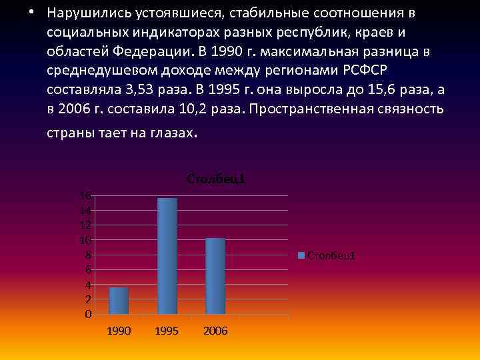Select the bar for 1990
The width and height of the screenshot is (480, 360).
click(x=119, y=300)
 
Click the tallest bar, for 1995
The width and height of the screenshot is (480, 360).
click(x=167, y=256)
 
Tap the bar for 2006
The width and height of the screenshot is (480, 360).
click(x=215, y=275)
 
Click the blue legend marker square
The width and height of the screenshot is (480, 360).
click(x=301, y=255)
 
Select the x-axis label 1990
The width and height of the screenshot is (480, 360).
click(x=119, y=331)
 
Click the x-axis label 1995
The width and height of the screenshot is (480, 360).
click(x=167, y=331)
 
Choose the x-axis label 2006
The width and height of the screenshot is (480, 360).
click(x=215, y=331)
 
